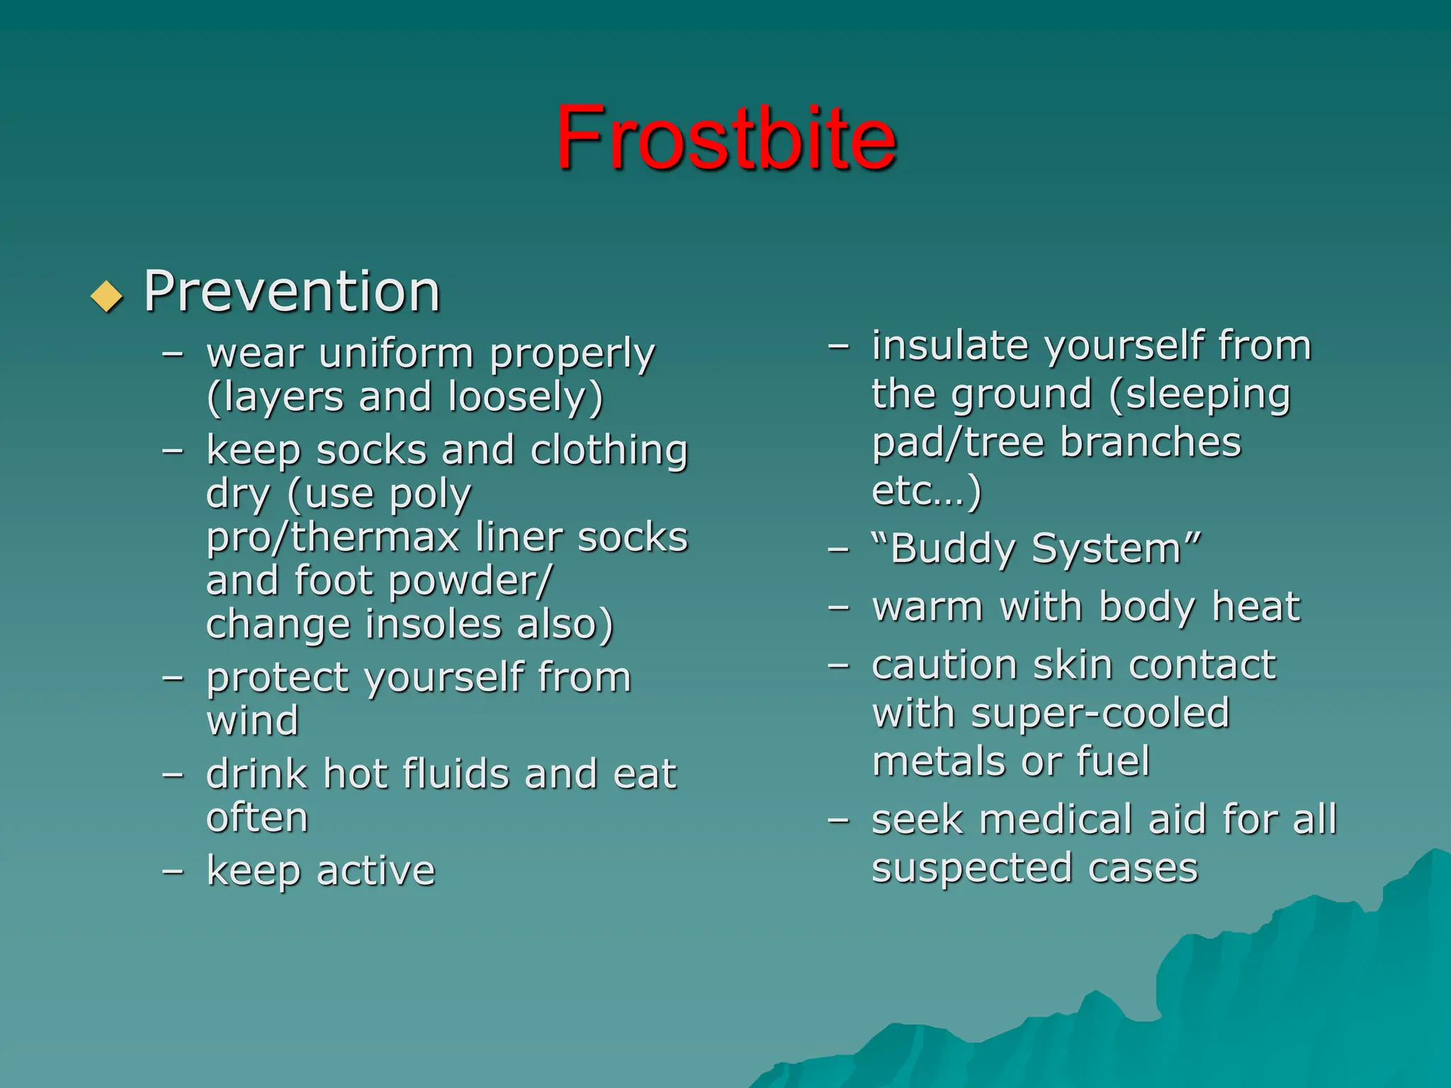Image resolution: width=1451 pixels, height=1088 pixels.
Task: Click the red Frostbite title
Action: [x=725, y=137]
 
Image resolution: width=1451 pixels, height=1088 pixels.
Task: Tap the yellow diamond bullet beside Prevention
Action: [x=107, y=296]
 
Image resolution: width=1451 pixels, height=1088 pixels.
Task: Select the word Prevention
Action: [x=292, y=291]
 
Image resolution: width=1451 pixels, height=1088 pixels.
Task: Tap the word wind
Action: [x=252, y=721]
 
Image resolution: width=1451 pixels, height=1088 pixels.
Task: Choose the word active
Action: [x=376, y=871]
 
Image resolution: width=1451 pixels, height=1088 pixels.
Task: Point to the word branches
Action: [x=1151, y=443]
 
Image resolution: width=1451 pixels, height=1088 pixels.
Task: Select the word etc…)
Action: [x=926, y=491]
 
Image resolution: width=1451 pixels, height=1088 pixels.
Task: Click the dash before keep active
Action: [x=173, y=871]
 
